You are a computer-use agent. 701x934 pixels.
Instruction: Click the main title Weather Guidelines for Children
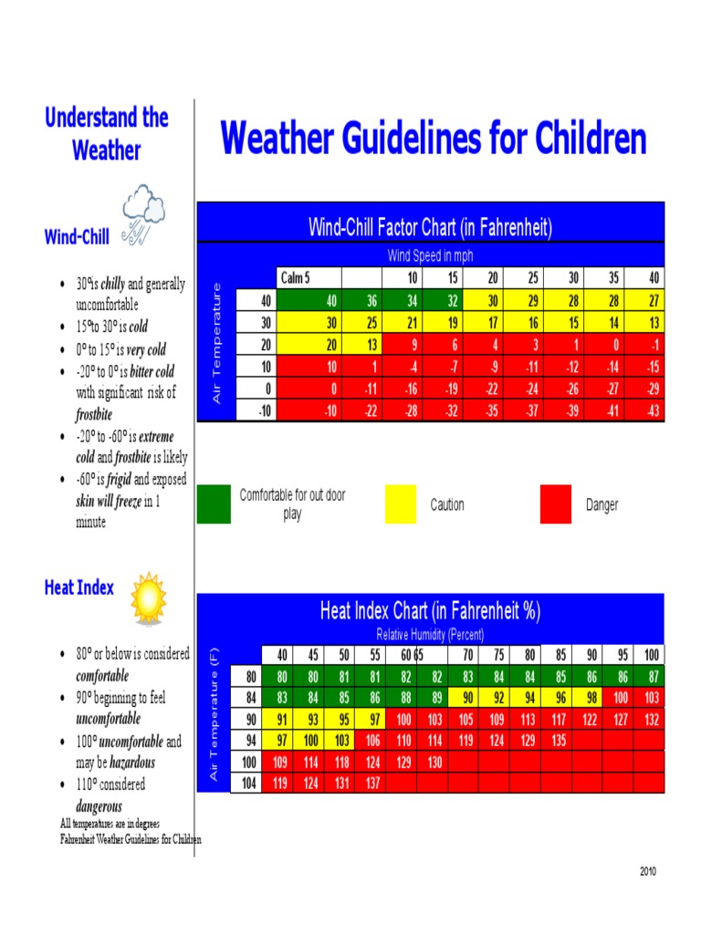(x=434, y=140)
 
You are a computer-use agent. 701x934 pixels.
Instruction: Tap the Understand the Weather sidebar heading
(x=107, y=133)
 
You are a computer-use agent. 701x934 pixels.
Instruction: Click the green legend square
(x=214, y=503)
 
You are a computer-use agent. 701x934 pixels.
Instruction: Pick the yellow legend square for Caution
(x=401, y=504)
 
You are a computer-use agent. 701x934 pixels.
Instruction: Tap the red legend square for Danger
(x=556, y=504)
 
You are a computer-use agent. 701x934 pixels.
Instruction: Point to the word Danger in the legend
(x=602, y=505)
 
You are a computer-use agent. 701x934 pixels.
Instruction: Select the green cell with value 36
(x=365, y=300)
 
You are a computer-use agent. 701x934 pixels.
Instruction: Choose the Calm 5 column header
(x=295, y=278)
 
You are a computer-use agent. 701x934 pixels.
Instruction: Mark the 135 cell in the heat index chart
(x=558, y=740)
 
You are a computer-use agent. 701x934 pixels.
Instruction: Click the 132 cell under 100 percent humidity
(x=651, y=719)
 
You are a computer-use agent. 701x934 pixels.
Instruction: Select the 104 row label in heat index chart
(x=248, y=783)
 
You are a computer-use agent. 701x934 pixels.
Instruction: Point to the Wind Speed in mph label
(x=431, y=256)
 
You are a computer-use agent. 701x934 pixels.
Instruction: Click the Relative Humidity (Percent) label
(x=430, y=634)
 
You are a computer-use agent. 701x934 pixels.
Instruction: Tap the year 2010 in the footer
(x=647, y=871)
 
